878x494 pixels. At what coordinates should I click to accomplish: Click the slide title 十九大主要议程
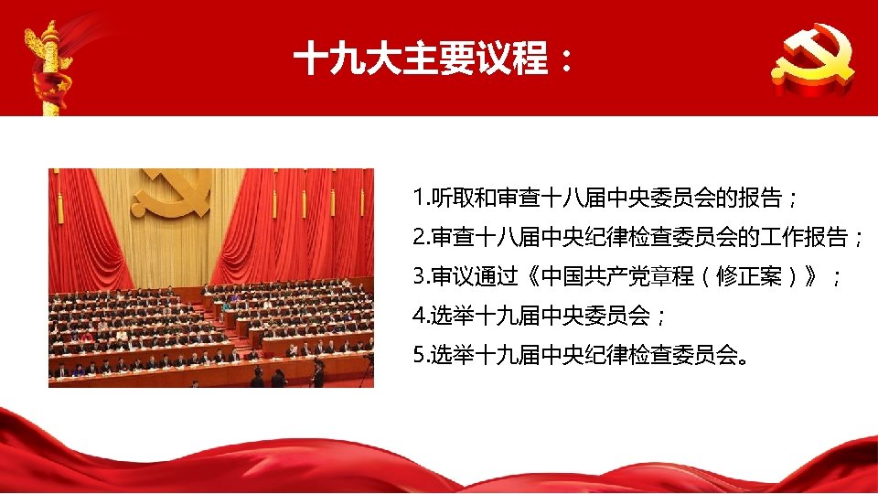tap(421, 61)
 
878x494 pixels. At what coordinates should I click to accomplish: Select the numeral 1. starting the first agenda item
tap(421, 199)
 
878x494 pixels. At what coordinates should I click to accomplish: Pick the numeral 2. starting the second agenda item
tap(421, 239)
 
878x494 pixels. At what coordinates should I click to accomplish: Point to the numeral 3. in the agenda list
tap(421, 277)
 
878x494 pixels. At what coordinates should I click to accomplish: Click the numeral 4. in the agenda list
tap(421, 317)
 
